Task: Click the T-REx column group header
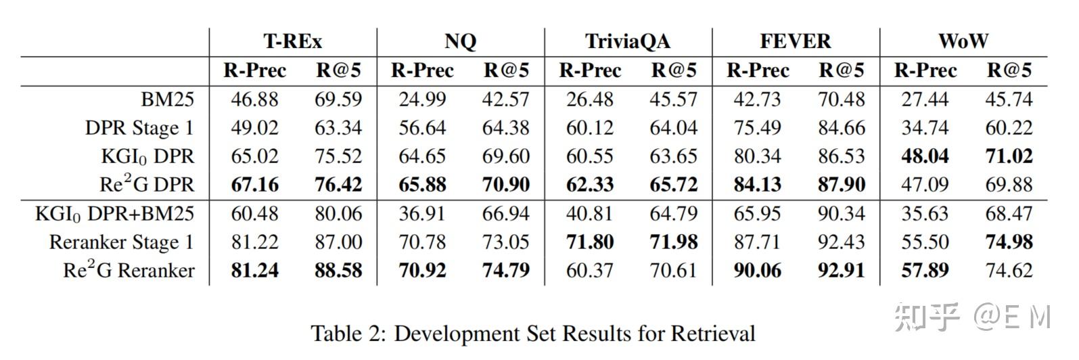tap(292, 41)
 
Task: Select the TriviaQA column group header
tap(627, 41)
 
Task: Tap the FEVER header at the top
tap(795, 41)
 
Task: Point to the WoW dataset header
tap(963, 41)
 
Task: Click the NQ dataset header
tap(460, 41)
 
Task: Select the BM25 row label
tap(167, 99)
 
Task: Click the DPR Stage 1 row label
tap(139, 128)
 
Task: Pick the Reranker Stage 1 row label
tap(121, 242)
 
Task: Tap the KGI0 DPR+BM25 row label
tap(114, 214)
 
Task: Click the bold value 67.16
tap(254, 185)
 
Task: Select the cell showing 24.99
tap(422, 99)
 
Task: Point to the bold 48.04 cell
tap(925, 156)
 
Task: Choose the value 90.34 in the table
tap(841, 214)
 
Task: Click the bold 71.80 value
tap(589, 242)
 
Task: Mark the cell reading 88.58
tap(338, 271)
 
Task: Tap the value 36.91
tap(422, 214)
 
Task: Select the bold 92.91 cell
tap(841, 271)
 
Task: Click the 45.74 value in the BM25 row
tap(1009, 99)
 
